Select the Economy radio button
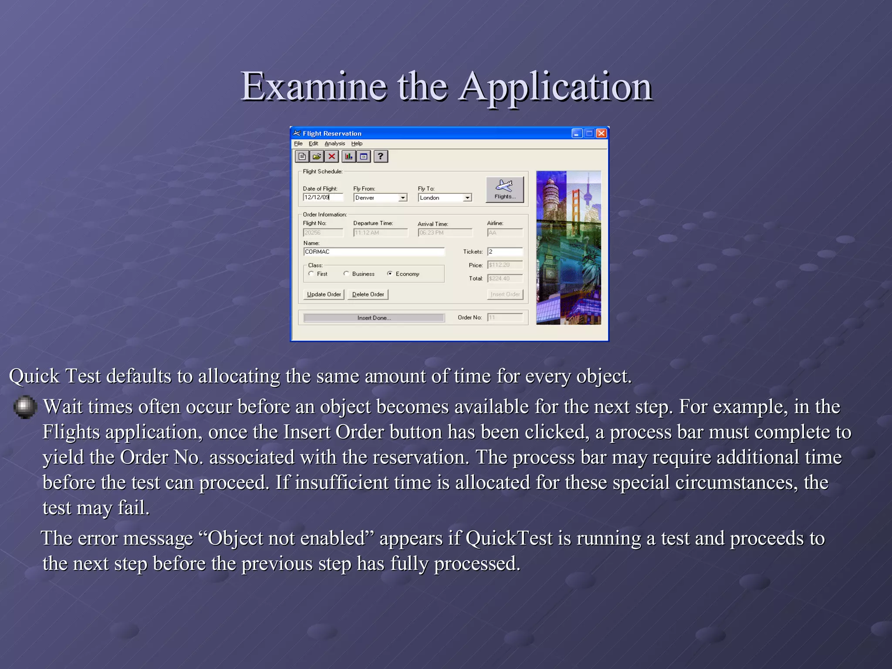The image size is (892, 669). click(390, 274)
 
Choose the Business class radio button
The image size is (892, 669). click(346, 274)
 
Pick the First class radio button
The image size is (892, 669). click(311, 274)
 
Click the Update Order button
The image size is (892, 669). click(324, 294)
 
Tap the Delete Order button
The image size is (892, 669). click(368, 294)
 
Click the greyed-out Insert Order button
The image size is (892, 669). click(505, 294)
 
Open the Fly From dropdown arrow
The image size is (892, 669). click(403, 198)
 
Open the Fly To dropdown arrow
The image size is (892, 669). click(467, 198)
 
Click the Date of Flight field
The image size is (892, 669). click(323, 197)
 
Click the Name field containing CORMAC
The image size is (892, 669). click(373, 252)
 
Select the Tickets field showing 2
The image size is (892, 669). click(505, 252)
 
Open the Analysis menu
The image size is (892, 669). click(334, 143)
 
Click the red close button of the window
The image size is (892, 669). click(601, 133)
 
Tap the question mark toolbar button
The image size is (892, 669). click(381, 156)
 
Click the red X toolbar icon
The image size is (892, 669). click(332, 156)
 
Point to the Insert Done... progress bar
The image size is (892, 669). click(374, 318)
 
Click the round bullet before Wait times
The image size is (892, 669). click(25, 406)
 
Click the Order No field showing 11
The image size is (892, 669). click(505, 318)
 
